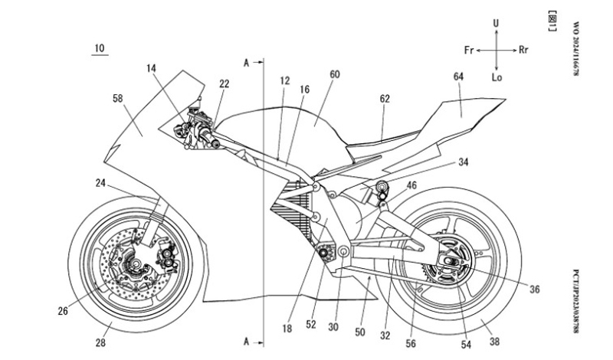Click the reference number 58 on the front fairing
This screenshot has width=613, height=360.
118,99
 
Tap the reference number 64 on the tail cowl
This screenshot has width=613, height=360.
458,77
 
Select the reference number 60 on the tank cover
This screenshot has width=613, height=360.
334,75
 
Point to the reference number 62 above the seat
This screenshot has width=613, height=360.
385,98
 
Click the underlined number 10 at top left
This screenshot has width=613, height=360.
99,48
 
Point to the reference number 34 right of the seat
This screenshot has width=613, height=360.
464,162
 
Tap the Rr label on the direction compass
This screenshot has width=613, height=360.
524,50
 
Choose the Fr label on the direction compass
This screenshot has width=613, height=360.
469,50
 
